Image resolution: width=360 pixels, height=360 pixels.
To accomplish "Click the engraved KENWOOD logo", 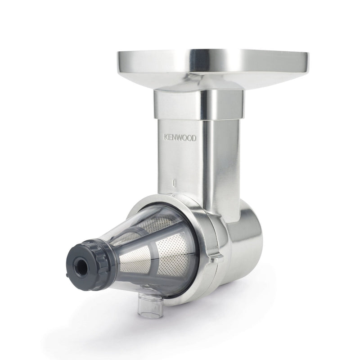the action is [x=180, y=138].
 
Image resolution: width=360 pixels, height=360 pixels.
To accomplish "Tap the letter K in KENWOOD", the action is [x=166, y=137].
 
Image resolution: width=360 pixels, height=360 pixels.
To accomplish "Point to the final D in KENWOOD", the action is [x=194, y=138].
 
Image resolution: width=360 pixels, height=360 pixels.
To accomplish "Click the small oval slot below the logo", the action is [x=174, y=183].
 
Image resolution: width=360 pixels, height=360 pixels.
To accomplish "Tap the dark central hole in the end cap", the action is [x=81, y=266].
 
